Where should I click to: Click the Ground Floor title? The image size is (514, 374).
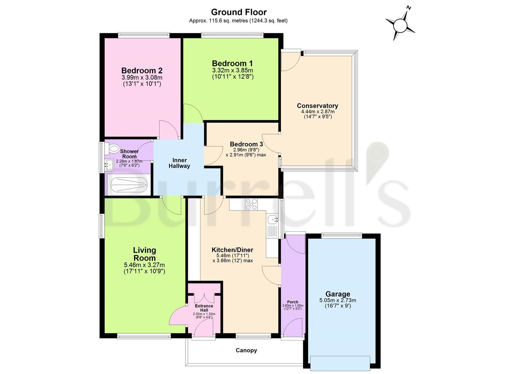[239, 12]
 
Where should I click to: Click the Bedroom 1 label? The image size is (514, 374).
[232, 63]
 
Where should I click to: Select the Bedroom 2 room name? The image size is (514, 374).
[142, 71]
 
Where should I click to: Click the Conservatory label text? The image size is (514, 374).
[317, 106]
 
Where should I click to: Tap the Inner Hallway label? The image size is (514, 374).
[179, 163]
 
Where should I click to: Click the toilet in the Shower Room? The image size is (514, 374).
[112, 149]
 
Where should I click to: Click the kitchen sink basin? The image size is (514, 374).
[273, 219]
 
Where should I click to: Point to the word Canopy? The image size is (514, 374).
[246, 350]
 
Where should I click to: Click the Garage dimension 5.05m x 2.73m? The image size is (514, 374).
[337, 300]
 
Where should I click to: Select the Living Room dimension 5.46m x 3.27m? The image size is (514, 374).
[144, 265]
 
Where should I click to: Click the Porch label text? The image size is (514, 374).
[292, 302]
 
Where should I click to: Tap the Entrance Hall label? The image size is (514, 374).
[204, 308]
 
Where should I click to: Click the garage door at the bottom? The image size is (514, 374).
[340, 362]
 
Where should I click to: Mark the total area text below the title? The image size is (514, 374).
[238, 21]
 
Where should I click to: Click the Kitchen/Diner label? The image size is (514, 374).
[232, 250]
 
